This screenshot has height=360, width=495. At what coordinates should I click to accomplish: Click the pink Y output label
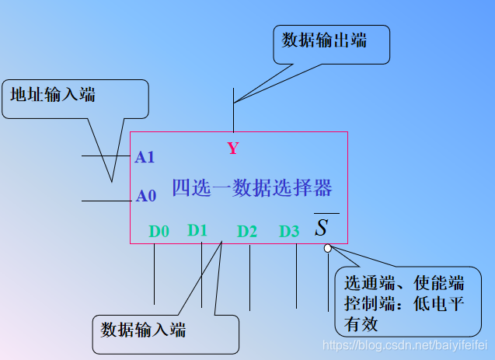pos(233,149)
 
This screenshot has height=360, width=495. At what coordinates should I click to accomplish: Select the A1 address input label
pos(145,158)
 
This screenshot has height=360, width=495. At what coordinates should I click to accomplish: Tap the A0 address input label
pos(146,196)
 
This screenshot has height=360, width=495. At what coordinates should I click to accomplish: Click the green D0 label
pos(159,231)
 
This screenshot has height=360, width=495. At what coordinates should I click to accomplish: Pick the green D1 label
pos(197,230)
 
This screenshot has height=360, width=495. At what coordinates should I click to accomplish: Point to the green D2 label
pos(247,231)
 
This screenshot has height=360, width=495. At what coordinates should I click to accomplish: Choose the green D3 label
pos(289,231)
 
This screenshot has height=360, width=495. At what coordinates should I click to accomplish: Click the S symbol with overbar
pos(322,228)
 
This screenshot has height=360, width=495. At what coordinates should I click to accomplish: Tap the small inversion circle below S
pos(328,248)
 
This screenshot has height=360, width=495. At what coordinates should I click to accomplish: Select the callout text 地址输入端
pos(53,95)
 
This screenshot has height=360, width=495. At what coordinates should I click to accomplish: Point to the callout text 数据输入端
pos(144,330)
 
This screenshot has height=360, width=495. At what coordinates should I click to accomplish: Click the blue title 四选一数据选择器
pos(252,188)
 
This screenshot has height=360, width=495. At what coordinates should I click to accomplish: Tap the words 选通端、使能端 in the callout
pos(404,281)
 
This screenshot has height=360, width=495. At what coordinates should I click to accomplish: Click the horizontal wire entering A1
pos(106,156)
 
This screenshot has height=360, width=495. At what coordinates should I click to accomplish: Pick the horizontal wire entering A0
pos(106,201)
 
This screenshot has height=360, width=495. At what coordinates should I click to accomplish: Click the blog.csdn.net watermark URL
pos(407,344)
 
